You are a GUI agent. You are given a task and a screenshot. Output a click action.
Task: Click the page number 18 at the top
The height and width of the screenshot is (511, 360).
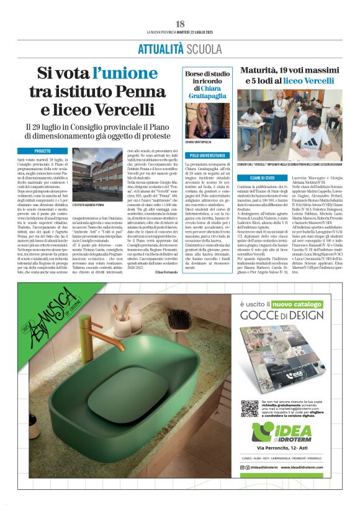180,24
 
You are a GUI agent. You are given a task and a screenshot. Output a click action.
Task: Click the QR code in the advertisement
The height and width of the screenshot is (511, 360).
249,408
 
